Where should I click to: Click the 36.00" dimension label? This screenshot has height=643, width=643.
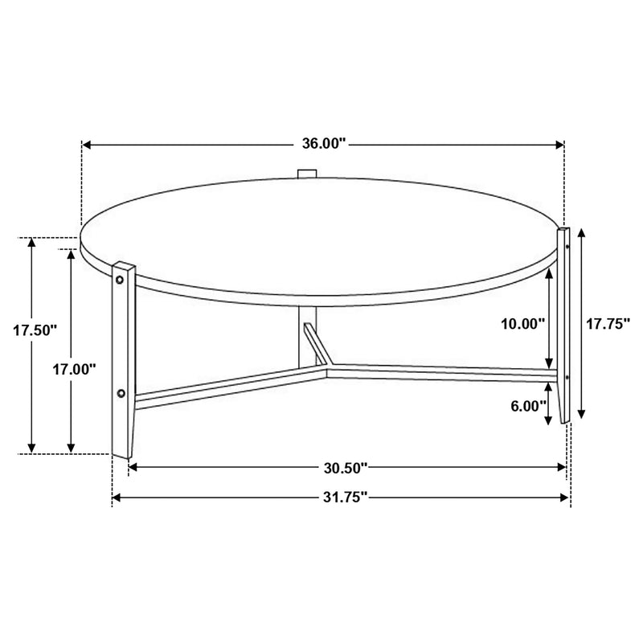[x=322, y=145]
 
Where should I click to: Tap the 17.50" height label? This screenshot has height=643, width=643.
[x=36, y=330]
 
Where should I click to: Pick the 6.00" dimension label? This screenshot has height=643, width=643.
[x=528, y=406]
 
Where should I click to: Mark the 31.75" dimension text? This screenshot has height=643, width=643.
[x=341, y=498]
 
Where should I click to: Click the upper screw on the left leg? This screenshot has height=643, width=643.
[x=121, y=279]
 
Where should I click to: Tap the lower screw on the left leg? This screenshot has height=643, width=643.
[x=121, y=394]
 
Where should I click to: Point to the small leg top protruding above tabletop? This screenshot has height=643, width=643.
[x=306, y=174]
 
